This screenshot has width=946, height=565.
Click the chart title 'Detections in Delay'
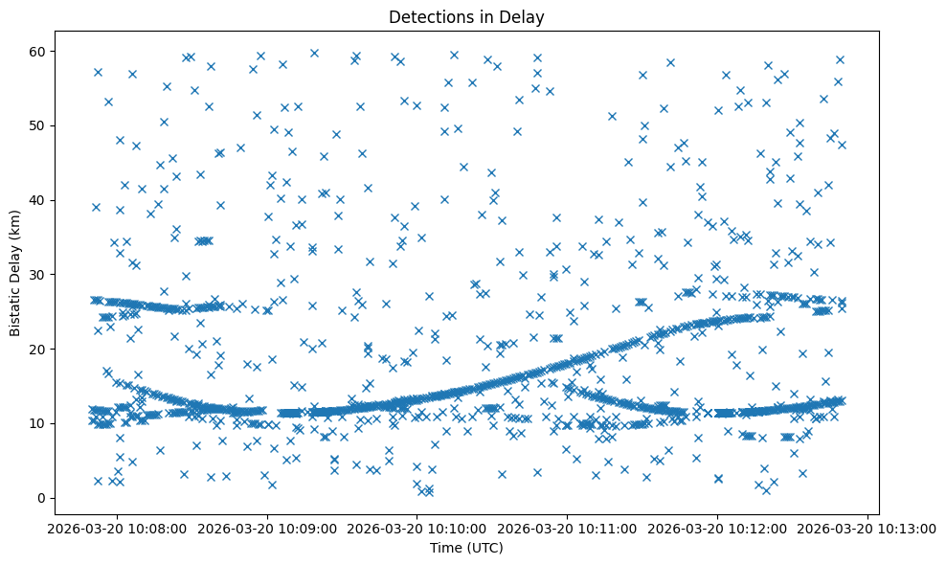[466, 16]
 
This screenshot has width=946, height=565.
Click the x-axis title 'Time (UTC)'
[466, 548]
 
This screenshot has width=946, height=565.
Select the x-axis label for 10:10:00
[417, 528]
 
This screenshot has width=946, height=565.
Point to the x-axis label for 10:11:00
[567, 528]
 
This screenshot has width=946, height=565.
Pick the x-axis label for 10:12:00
[717, 528]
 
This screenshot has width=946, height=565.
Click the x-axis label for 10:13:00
[867, 528]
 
